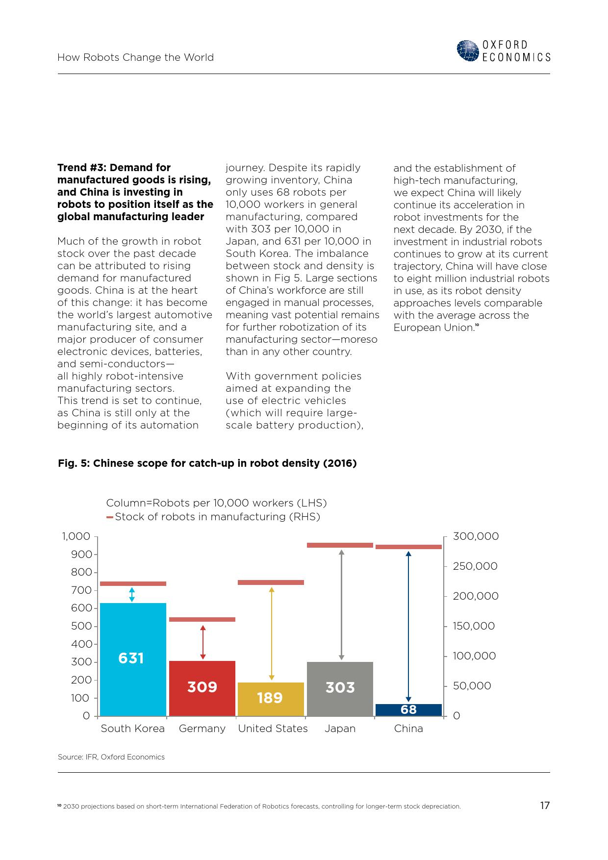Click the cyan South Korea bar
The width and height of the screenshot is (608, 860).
133,659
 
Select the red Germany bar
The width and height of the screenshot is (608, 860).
202,688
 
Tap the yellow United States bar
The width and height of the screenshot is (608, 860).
271,699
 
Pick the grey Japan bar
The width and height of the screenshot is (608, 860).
340,689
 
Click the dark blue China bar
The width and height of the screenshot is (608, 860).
408,710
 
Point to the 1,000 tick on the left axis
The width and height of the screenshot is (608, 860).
95,536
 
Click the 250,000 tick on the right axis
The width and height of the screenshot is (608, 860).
446,566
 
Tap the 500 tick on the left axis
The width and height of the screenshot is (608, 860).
95,626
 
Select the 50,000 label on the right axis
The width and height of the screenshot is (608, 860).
472,686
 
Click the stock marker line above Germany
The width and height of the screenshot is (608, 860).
202,619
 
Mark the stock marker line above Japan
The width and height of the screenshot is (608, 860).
340,545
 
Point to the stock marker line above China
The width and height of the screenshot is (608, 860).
408,547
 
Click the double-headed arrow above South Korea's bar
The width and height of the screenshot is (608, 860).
132,594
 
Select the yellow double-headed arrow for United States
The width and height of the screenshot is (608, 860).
272,633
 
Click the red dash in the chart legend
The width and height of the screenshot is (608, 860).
110,517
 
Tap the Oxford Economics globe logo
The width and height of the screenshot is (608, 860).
467,51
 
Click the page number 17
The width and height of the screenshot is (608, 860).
545,806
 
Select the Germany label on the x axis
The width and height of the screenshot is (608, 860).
202,729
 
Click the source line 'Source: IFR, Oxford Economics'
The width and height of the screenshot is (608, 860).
111,757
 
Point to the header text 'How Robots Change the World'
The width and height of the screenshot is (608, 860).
136,57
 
